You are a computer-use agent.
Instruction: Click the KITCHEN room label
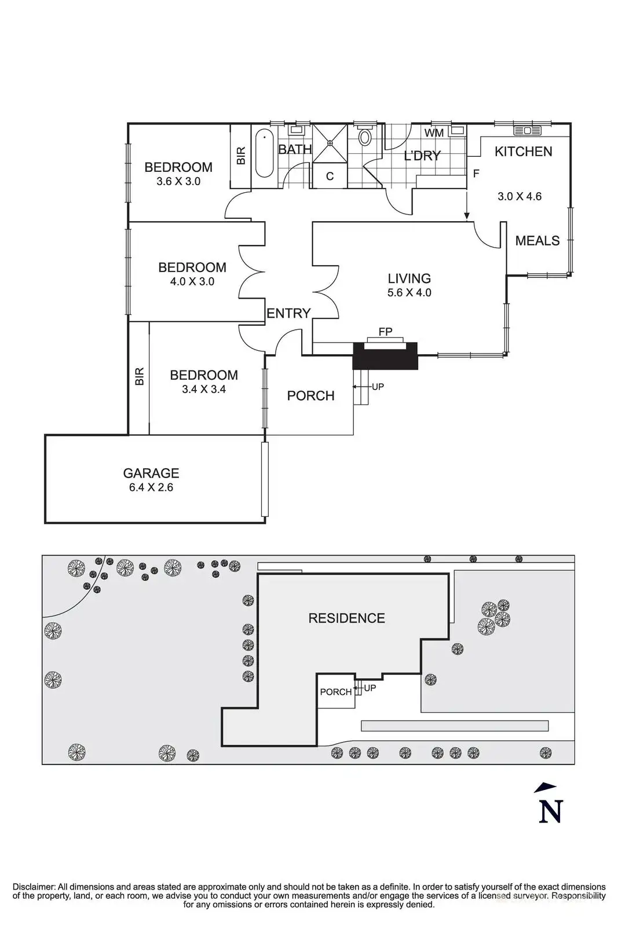coord(523,152)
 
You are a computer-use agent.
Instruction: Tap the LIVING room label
coord(409,278)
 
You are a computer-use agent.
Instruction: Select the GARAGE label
coord(151,473)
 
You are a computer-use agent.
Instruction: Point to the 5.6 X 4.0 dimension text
coord(409,293)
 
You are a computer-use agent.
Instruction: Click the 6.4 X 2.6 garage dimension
coord(151,487)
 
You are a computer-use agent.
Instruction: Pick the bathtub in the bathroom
coord(265,154)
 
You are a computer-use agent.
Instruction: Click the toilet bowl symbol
coord(364,137)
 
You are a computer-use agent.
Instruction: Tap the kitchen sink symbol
coord(528,131)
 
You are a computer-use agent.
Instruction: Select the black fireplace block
coord(385,355)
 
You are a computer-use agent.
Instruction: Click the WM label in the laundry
coord(434,133)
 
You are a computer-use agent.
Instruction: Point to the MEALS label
coord(537,241)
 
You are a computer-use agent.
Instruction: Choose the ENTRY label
coord(288,313)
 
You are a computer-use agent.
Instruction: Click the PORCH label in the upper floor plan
coord(310,396)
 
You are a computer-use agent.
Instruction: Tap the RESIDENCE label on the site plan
coord(346,618)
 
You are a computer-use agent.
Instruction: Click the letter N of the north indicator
coord(551,811)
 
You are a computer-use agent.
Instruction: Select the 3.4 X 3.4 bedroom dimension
coord(204,389)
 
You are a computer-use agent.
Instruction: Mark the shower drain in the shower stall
coord(330,143)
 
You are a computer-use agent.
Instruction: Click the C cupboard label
coord(330,177)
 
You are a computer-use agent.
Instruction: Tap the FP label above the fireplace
coord(385,332)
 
